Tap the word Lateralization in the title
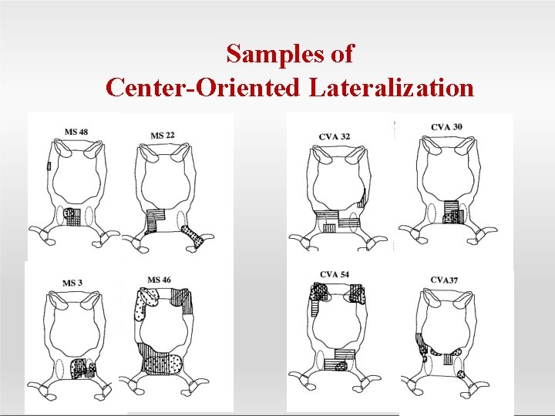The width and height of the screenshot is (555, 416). (x=392, y=87)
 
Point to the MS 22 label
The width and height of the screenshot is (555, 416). (x=162, y=136)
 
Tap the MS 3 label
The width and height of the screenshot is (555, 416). (x=73, y=283)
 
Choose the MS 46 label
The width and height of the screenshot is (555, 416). (x=160, y=280)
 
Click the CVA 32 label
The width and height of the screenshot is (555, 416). (x=335, y=136)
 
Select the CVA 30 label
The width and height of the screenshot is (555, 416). (x=447, y=126)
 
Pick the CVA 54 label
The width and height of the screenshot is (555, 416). (x=335, y=273)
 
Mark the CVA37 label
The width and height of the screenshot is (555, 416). (x=444, y=280)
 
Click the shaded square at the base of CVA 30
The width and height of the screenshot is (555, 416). (x=450, y=212)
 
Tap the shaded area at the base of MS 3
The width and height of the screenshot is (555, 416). (x=80, y=367)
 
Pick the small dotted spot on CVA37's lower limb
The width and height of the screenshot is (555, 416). (x=461, y=374)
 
